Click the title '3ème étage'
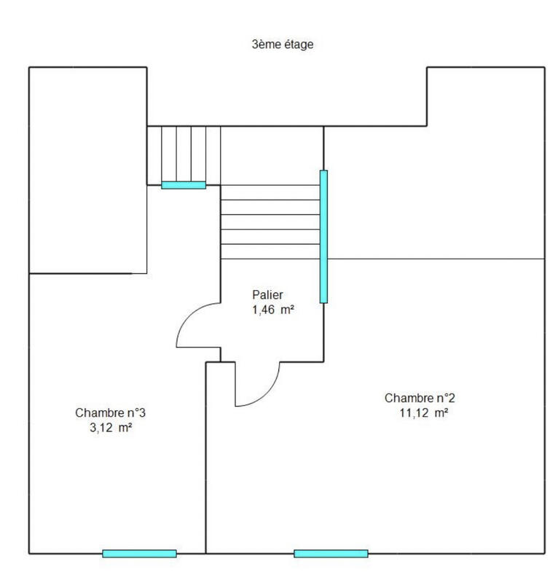point(283,44)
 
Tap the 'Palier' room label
point(267,295)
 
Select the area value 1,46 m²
point(272,309)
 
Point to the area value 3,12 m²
point(110,428)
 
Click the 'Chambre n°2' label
point(420,398)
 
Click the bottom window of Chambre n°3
point(139,554)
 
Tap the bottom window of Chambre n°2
point(331,554)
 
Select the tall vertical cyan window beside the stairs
point(323,236)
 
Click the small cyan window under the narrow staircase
point(184,185)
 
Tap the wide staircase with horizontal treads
point(270,222)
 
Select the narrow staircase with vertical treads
point(184,154)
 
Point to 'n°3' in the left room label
point(137,413)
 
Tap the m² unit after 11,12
point(440,412)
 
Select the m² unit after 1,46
point(287,309)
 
